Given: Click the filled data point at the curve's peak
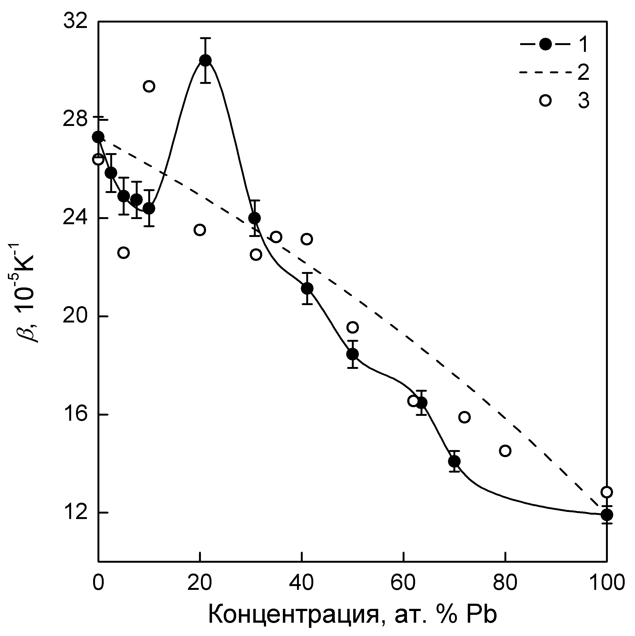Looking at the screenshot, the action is tap(206, 60).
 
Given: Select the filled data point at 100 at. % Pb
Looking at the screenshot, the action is tap(607, 523).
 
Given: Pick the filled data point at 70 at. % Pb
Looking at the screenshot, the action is tap(454, 461).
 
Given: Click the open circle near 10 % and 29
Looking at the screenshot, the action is tap(149, 87).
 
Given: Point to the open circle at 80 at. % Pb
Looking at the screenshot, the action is tap(505, 451).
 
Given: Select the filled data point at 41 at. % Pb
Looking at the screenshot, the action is tap(307, 288).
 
